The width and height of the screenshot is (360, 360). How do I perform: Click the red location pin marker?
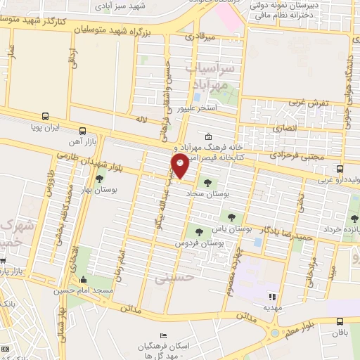coord(180,166)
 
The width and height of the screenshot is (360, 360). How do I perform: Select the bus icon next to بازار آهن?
coord(83,131)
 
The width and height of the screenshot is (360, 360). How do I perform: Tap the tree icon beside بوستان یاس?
coord(201,230)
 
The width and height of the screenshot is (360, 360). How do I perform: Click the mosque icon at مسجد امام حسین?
coord(84,280)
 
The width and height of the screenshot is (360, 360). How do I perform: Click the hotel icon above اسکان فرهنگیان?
coord(164,334)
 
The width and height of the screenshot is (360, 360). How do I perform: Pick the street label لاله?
coord(141,122)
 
